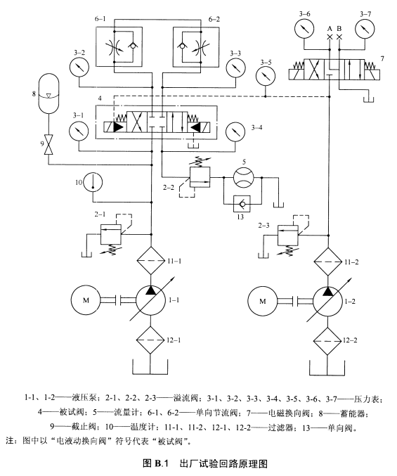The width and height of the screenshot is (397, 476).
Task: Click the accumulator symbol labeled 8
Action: (48, 94)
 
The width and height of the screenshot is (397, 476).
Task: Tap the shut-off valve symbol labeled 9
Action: (48, 143)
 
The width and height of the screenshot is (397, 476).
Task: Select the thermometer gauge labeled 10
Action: (93, 182)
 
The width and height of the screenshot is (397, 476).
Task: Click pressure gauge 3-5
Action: (265, 76)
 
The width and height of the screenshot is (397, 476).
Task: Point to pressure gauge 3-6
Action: (304, 29)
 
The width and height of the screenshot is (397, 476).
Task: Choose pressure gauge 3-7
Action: (365, 29)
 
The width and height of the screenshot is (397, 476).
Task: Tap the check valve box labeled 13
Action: (242, 204)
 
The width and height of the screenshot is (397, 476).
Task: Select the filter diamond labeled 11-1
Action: (151, 261)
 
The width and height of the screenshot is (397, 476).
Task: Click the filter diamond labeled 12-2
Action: (327, 341)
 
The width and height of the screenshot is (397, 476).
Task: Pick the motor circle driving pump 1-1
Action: (86, 300)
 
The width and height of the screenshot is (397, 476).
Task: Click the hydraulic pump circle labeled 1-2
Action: (327, 302)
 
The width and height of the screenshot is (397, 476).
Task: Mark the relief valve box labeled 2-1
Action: (111, 234)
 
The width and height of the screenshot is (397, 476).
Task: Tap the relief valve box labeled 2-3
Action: (288, 235)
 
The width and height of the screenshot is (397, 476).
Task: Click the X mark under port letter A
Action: (330, 37)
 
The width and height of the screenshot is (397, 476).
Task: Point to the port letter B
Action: (339, 29)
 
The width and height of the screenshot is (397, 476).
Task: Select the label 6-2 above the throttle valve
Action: (214, 19)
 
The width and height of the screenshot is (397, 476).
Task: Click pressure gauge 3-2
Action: (79, 67)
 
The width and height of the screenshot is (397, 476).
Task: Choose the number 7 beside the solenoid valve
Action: (382, 58)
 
